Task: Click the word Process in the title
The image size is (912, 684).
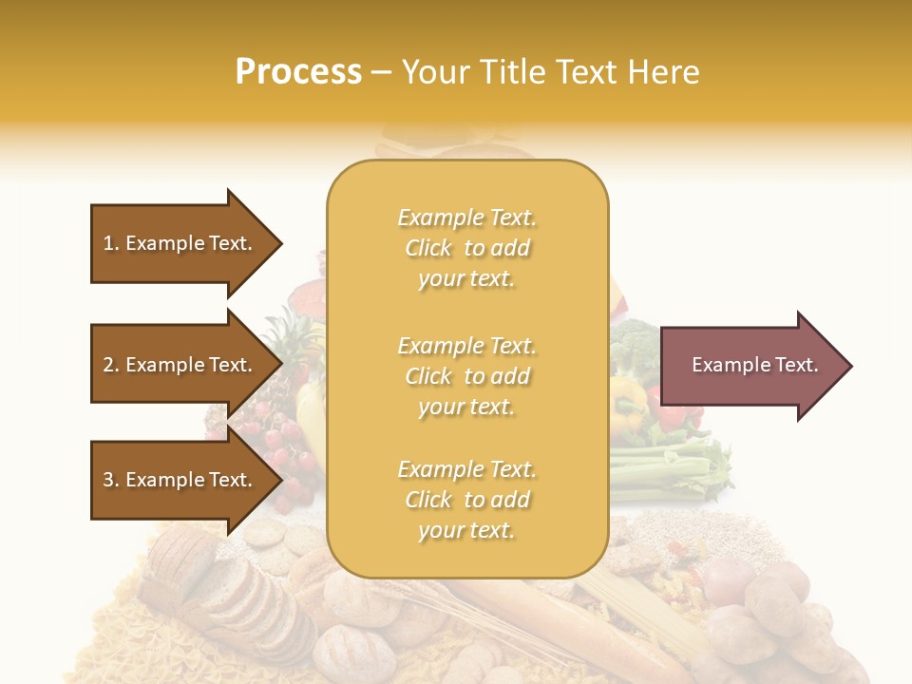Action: [x=298, y=72]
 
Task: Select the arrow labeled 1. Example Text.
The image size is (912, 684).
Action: [x=180, y=243]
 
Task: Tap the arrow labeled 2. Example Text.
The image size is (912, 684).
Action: [x=180, y=365]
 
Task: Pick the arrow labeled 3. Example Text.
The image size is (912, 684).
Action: [x=180, y=480]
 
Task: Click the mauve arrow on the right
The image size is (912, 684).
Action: [x=750, y=365]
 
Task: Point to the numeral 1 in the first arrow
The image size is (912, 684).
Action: [x=107, y=243]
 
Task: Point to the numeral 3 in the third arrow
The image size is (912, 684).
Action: [x=107, y=480]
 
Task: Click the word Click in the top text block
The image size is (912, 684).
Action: [x=428, y=248]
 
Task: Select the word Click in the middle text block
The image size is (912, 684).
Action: [x=428, y=376]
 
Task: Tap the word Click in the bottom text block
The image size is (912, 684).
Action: [x=428, y=500]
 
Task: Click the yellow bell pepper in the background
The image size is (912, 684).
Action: [x=628, y=399]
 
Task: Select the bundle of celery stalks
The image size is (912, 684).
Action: [x=665, y=469]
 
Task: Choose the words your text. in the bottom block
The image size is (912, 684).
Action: [x=465, y=530]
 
